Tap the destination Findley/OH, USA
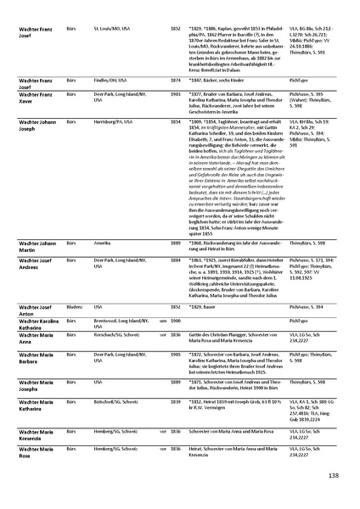point(110,102)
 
